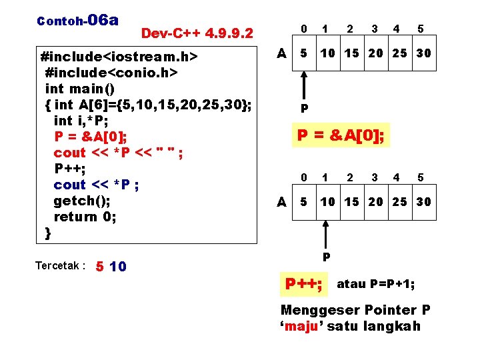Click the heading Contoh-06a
click(x=78, y=19)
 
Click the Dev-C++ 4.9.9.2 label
click(x=197, y=33)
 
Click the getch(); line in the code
click(x=82, y=201)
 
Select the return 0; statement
click(x=85, y=217)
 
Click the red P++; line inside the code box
click(x=69, y=169)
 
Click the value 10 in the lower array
click(x=327, y=202)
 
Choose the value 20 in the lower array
click(x=375, y=202)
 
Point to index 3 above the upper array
click(x=374, y=29)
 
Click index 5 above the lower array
click(x=421, y=178)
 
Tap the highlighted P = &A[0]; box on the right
click(x=341, y=135)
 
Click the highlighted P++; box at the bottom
click(x=304, y=285)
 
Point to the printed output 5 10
click(x=111, y=267)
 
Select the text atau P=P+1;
click(x=376, y=284)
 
